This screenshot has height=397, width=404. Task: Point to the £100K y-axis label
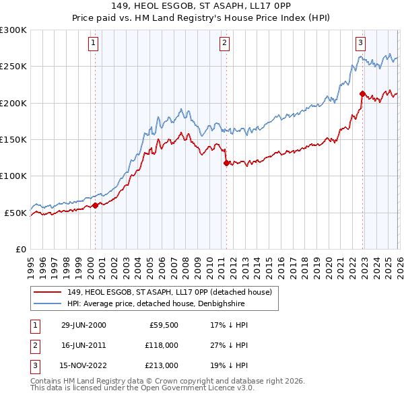pos(13,176)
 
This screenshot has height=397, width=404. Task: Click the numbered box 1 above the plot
pos(93,43)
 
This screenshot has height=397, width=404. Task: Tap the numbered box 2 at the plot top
pos(224,43)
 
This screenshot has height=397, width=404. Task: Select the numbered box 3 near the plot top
pos(361,43)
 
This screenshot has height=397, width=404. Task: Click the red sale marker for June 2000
pos(96,205)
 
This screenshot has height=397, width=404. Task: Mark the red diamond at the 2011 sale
pos(226,162)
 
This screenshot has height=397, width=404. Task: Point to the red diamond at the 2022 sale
pos(362,94)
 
